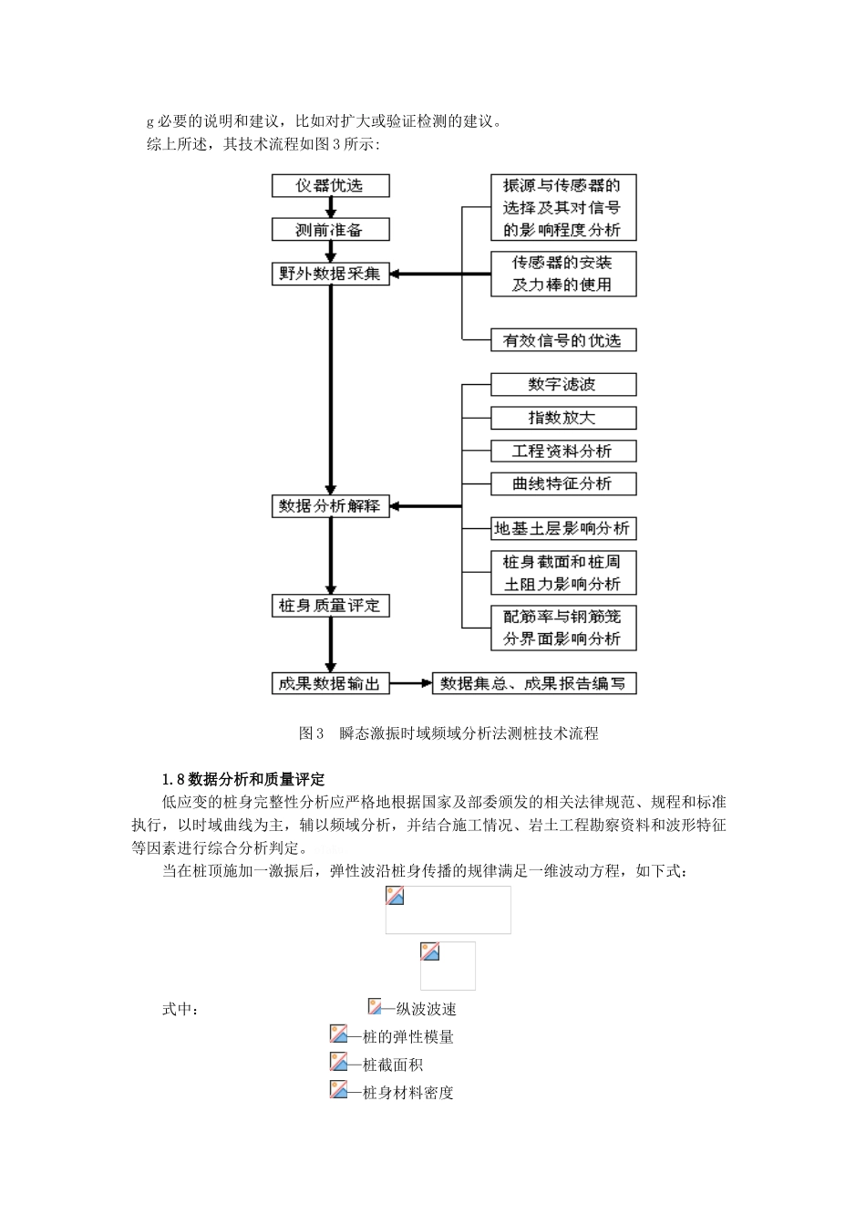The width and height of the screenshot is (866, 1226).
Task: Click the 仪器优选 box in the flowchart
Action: pos(330,185)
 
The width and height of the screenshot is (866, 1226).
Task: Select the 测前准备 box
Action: pos(330,229)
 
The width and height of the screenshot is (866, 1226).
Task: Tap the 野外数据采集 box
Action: pos(330,274)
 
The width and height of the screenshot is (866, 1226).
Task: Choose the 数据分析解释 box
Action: pos(330,506)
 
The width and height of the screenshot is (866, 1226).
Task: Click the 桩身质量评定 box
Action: pos(330,606)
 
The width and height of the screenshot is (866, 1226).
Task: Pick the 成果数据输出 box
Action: pos(330,683)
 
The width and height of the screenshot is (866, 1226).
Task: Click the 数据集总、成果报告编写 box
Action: pos(533,683)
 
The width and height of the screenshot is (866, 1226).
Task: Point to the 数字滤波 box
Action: pos(562,384)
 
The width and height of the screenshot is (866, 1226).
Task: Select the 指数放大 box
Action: pos(562,418)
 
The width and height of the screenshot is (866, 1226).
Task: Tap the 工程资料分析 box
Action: pos(562,451)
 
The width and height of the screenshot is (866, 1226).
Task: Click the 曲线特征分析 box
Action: pos(562,483)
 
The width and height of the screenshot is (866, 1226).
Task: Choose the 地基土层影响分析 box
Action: pos(562,528)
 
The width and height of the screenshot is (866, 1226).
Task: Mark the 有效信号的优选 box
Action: pos(562,340)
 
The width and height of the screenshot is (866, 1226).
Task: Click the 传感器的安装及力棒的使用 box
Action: pos(562,274)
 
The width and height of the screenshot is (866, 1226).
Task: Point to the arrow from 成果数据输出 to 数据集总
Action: pos(410,683)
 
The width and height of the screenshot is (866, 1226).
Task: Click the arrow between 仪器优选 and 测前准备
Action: pos(331,207)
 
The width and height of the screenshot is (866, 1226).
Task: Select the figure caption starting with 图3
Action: pos(448,733)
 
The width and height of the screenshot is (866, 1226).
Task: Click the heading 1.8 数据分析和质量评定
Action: pos(243,779)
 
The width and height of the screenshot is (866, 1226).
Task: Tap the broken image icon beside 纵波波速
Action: pos(375,1007)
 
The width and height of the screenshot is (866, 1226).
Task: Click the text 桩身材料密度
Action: pos(407,1093)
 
